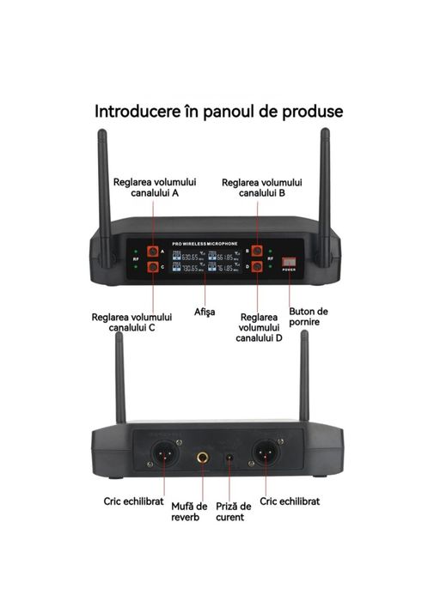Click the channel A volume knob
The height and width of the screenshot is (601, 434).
153,252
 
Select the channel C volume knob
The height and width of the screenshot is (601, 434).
153,268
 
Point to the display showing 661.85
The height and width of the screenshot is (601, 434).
223,256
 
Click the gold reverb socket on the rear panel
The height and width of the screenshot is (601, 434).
203,457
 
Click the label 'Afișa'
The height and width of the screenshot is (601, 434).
205,311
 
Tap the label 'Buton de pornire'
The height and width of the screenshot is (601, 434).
309,318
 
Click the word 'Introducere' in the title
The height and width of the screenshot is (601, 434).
138,112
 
